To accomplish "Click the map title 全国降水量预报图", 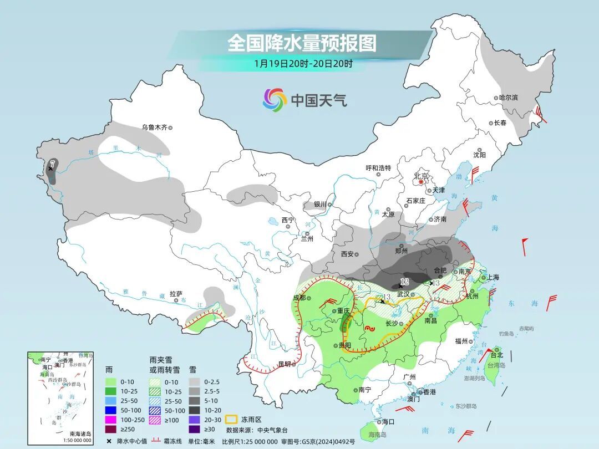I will point(302,43).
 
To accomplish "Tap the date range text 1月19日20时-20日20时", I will point(303,63).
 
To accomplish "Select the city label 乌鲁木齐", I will point(154,127).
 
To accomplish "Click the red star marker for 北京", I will point(422,182).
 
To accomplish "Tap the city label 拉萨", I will point(176,294).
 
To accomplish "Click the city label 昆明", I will point(284,364).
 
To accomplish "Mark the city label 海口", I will point(388,422).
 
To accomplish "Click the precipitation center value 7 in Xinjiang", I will point(53,163).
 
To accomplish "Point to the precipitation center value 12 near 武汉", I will point(404,282).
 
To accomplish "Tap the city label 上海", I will point(494,277).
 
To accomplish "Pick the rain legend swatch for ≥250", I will point(111,428).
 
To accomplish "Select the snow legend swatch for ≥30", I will point(194,428).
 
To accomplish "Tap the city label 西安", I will point(347,254).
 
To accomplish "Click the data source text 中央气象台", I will point(272,430).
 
